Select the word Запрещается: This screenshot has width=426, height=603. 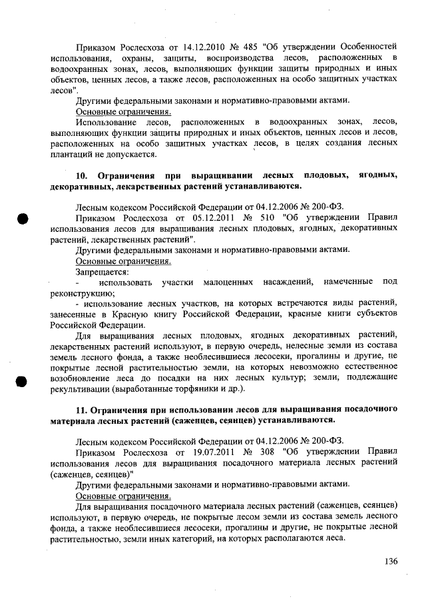(102, 271)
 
